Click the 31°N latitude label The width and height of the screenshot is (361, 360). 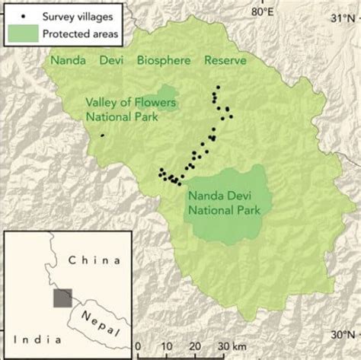(343, 18)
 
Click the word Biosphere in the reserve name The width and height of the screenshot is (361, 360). (165, 60)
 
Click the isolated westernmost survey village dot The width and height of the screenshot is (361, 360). (102, 135)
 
